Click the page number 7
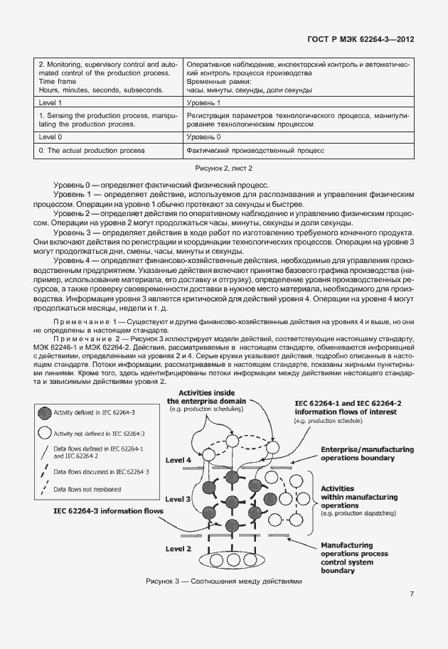[x=412, y=594]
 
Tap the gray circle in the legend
[x=45, y=412]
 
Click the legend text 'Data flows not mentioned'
[x=87, y=489]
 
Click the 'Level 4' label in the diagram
[x=178, y=460]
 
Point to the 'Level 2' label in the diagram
[x=178, y=548]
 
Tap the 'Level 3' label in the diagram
[x=178, y=500]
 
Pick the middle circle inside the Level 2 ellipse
[x=232, y=560]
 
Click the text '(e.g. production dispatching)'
[x=357, y=513]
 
